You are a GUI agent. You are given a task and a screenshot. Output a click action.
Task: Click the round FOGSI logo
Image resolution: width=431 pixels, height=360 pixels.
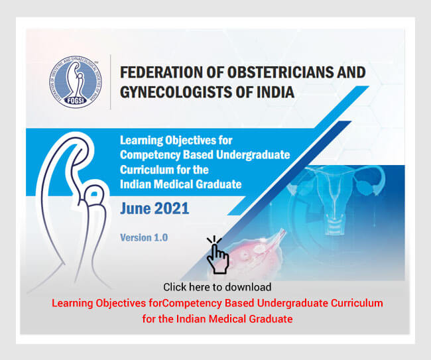point(76,82)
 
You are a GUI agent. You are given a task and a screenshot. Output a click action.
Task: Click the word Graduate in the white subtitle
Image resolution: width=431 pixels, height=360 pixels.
point(219,184)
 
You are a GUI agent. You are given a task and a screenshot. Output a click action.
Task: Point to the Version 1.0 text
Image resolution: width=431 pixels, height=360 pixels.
point(144,238)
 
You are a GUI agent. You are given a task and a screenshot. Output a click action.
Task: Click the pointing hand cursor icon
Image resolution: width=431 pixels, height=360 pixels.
point(217,255)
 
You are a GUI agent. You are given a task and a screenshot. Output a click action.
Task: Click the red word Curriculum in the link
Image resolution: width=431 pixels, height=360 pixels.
point(357,303)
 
